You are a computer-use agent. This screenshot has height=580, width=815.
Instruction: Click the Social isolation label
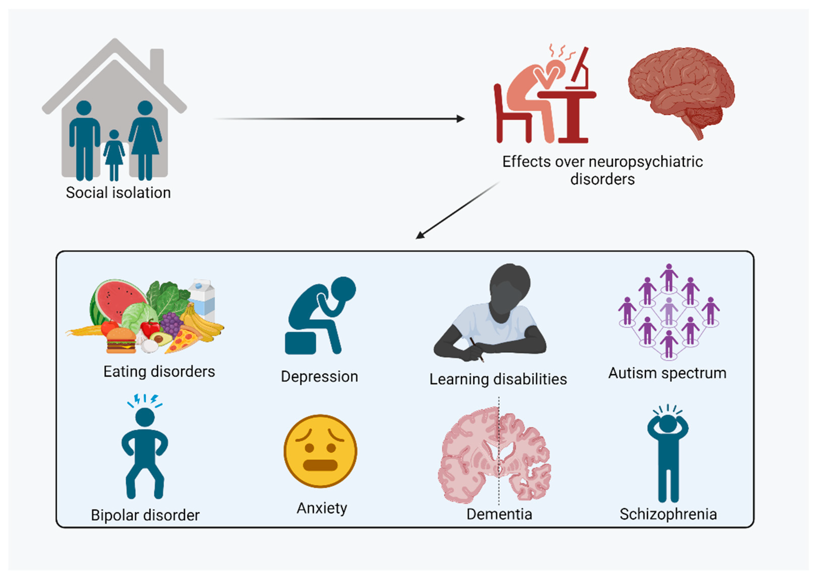[118, 192]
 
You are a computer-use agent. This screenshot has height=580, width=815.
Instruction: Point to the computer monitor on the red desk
[580, 66]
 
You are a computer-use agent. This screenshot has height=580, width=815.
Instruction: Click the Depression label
[319, 377]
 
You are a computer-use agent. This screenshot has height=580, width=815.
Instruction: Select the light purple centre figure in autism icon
[669, 311]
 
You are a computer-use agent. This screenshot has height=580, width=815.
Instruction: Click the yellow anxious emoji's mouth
[320, 465]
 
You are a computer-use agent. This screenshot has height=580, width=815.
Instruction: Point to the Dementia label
[499, 514]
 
